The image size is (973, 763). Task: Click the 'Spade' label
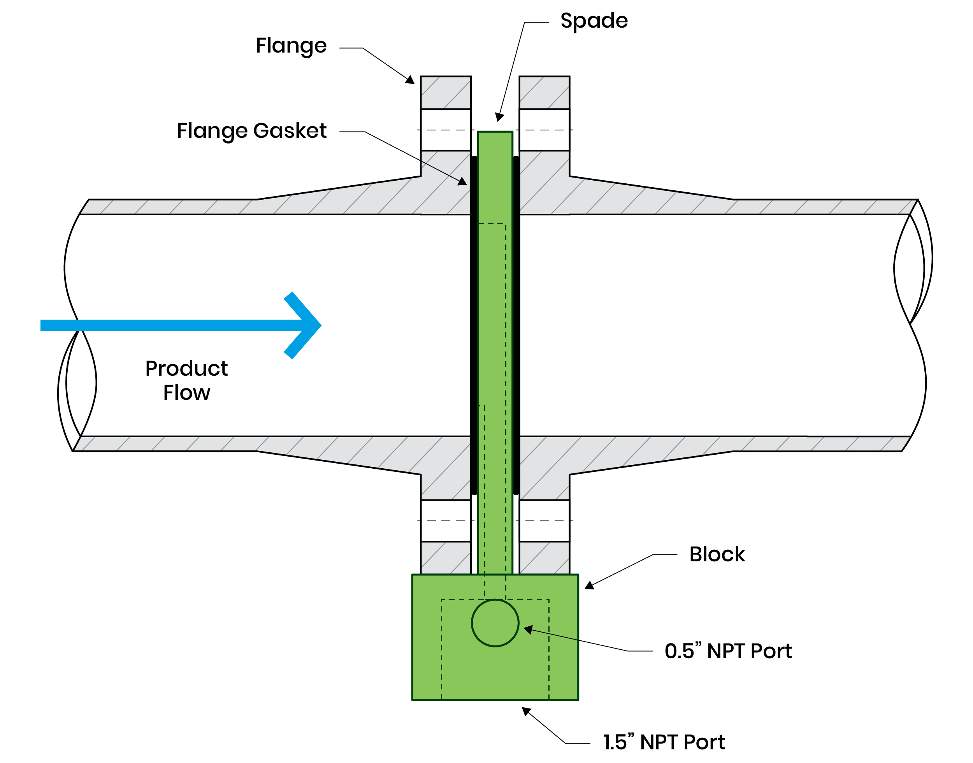(594, 21)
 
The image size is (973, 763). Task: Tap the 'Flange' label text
(291, 46)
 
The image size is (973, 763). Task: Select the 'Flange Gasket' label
(251, 131)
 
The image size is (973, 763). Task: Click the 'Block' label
(717, 554)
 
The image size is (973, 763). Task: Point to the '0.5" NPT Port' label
(728, 651)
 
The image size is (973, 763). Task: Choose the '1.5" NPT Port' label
(664, 742)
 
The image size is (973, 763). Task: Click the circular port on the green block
(495, 623)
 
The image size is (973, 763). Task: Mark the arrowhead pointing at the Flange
(410, 80)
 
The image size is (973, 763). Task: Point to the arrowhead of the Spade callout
(500, 118)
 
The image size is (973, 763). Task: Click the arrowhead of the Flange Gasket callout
(463, 181)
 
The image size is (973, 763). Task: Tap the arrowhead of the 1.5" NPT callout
(527, 711)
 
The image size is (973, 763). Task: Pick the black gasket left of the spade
(474, 325)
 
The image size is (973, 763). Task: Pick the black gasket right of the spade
(516, 325)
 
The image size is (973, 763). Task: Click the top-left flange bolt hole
(446, 130)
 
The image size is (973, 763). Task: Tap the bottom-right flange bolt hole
(544, 521)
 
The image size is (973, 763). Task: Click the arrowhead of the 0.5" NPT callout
(528, 629)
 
